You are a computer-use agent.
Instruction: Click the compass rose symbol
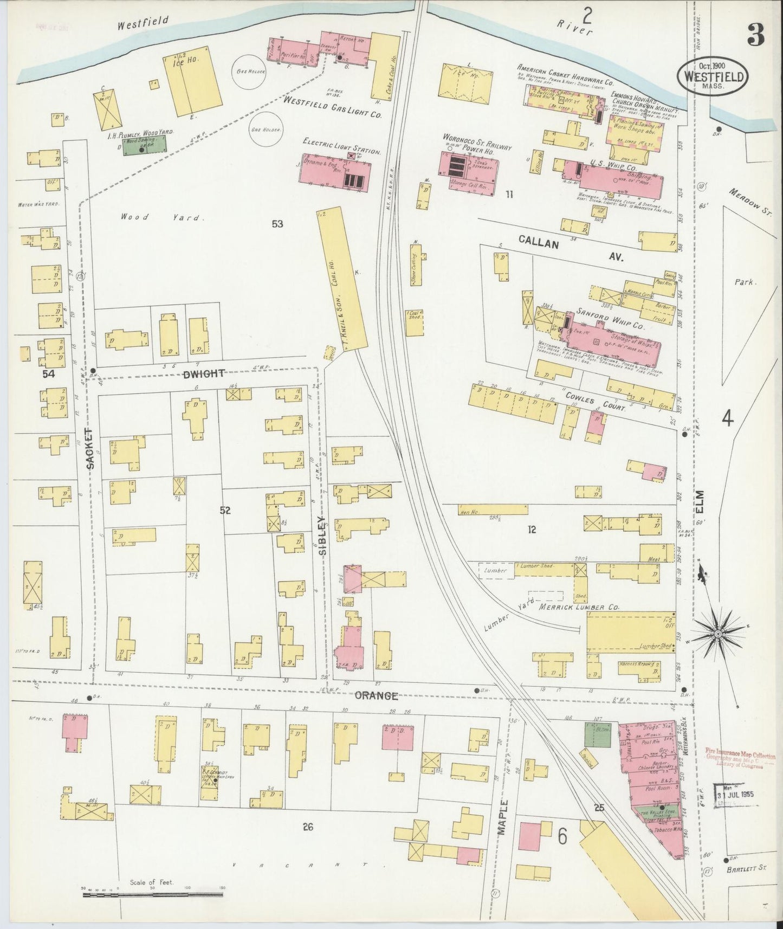[718, 633]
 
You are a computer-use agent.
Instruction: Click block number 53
[277, 223]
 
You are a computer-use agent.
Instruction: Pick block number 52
[225, 509]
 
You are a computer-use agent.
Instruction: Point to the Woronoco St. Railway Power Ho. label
[477, 146]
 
